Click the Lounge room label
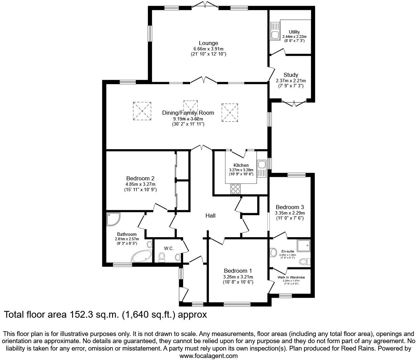click(208, 43)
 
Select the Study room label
click(291, 75)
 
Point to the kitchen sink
click(261, 165)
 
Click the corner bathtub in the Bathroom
click(142, 256)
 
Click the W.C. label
click(169, 248)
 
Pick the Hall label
click(211, 216)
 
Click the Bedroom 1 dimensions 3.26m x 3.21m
click(238, 277)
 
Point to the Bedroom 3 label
click(290, 207)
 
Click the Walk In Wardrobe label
click(291, 277)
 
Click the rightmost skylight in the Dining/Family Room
click(231, 112)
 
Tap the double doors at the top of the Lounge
click(205, 5)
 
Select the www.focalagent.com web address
click(208, 356)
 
